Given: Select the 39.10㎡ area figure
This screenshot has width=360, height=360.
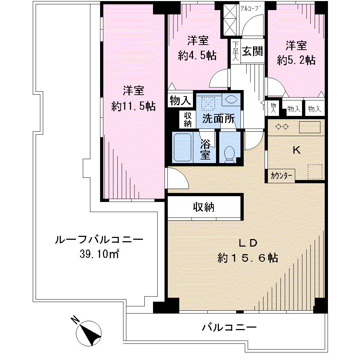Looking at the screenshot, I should click(100, 255).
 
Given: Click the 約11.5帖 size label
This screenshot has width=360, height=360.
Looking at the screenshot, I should click(134, 106).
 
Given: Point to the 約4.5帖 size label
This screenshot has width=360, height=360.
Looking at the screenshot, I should click(197, 55).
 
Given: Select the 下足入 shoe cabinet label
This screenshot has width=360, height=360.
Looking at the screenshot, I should click(235, 51).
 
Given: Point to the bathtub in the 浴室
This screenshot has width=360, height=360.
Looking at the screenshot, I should click(183, 148).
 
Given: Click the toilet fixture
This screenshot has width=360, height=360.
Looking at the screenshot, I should click(229, 153).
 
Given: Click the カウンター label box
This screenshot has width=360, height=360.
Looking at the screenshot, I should click(282, 175).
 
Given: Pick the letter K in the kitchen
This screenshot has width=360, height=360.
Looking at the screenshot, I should click(296, 151).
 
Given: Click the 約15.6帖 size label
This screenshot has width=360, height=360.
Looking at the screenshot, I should click(247, 258).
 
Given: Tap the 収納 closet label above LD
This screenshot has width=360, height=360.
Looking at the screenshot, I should click(204, 207).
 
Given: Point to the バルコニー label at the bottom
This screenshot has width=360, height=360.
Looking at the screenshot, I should click(229, 328).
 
